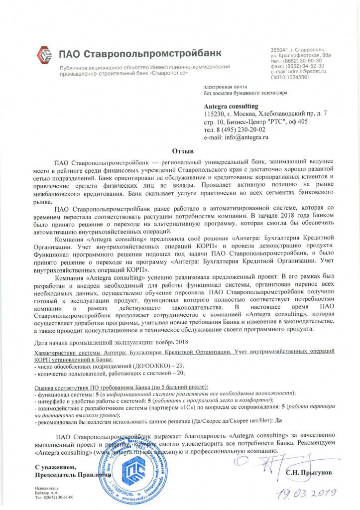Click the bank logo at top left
[45, 52]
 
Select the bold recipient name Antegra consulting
[231, 106]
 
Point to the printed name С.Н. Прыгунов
[309, 471]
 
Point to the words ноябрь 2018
[171, 343]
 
